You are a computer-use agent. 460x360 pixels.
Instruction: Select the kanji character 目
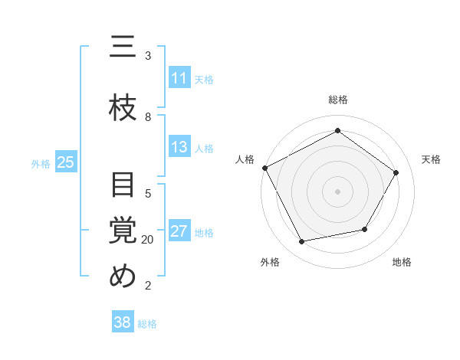123,186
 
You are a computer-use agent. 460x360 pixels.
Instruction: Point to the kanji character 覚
123,231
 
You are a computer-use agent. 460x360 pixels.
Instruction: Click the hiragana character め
123,276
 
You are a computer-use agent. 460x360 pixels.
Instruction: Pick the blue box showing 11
179,78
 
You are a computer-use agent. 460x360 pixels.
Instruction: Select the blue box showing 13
179,147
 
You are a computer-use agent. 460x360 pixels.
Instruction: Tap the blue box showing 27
179,232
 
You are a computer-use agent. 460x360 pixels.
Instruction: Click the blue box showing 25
65,162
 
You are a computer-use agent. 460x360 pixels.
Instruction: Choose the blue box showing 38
123,322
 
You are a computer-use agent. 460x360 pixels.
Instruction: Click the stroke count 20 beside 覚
148,240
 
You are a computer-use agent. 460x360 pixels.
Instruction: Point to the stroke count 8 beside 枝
148,116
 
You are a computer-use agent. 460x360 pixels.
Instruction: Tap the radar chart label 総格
338,100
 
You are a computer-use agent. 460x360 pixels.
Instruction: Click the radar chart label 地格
402,262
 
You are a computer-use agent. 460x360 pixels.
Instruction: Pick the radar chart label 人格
245,159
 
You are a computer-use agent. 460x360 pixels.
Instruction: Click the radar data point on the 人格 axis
265,168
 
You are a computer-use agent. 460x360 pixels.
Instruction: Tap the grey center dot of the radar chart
338,191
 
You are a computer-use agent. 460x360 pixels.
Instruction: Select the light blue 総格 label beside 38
147,324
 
